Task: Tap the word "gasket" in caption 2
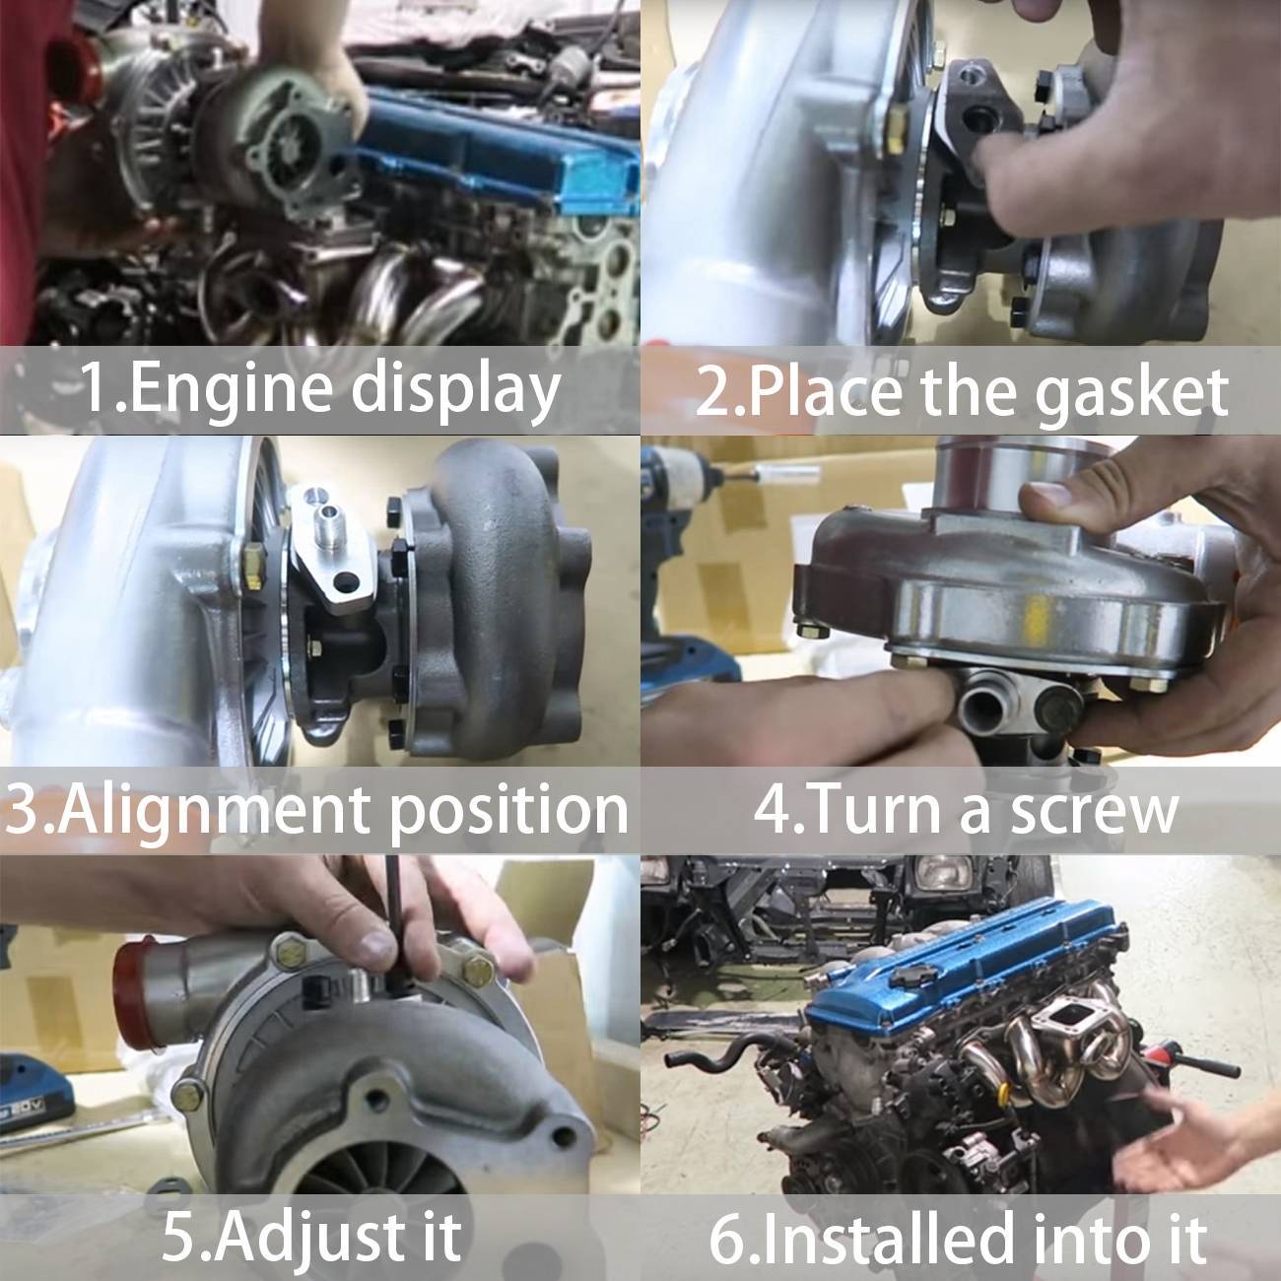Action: pos(1131,392)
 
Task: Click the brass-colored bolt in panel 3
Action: pos(253,565)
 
